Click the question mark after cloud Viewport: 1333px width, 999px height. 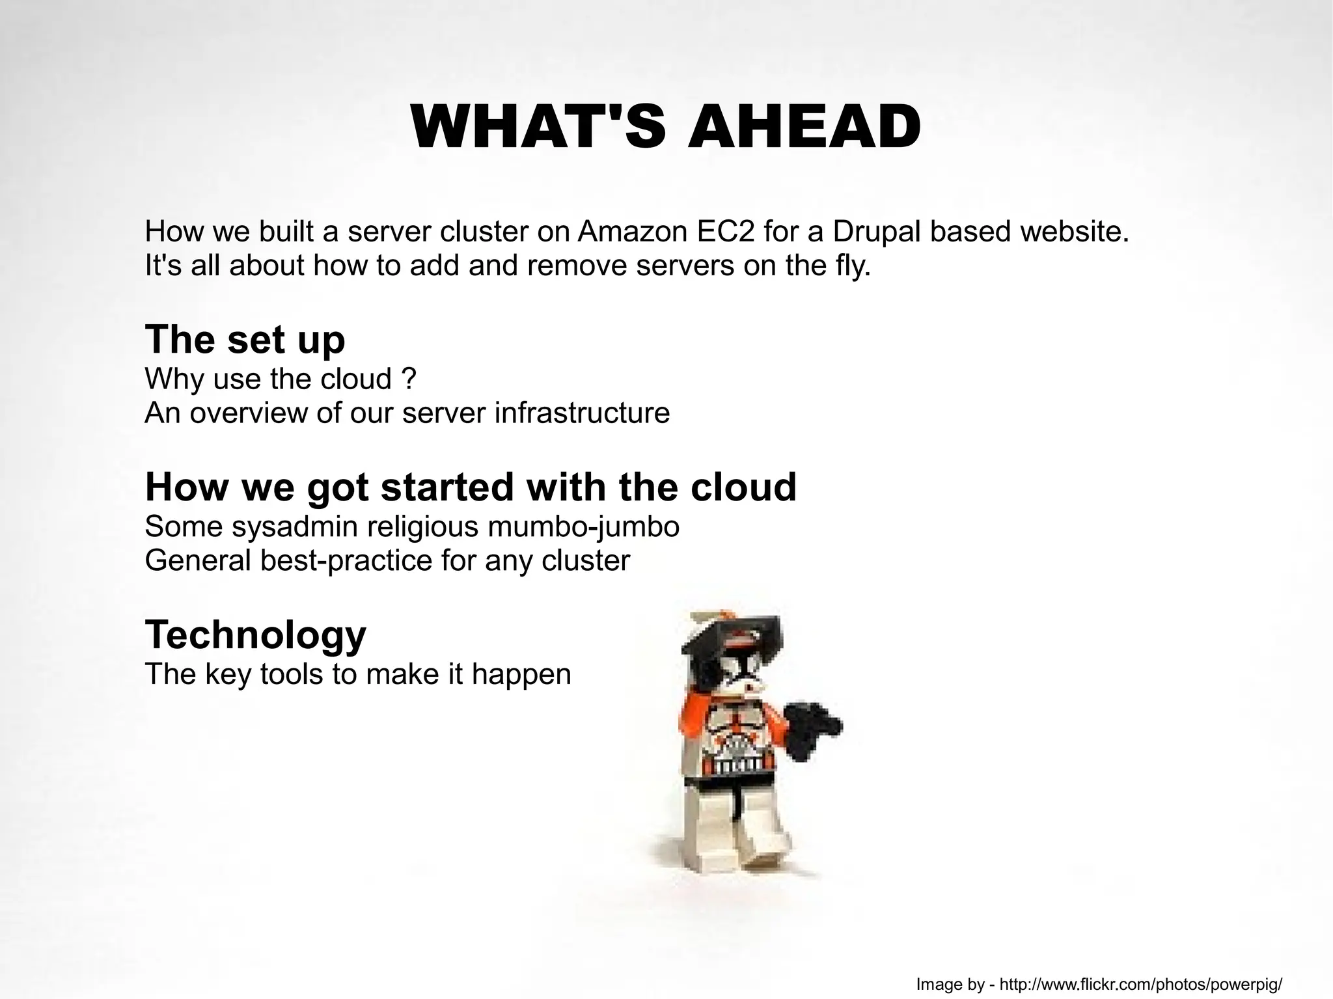point(409,379)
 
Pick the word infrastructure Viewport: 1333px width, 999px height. point(582,413)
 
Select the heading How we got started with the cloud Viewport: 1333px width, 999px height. point(471,487)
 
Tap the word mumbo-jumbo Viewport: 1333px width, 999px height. point(583,527)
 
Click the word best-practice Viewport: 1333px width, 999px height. point(346,560)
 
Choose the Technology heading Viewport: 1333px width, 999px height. point(255,635)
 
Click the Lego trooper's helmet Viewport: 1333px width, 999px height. point(732,651)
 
